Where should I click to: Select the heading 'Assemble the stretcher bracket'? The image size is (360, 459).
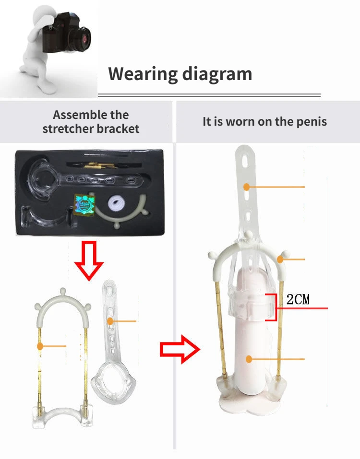pos(91,122)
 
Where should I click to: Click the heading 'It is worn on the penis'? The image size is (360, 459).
pos(264,121)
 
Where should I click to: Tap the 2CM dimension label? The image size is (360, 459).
pos(298,300)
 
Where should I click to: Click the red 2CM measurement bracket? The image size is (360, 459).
pos(273,306)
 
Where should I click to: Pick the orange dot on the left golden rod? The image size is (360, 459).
pos(41,345)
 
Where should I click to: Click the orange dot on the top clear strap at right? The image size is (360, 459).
pos(246,187)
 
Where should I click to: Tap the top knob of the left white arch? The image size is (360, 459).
pos(63,290)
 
